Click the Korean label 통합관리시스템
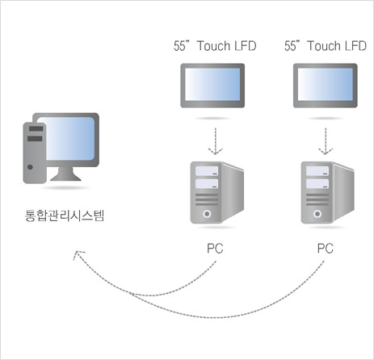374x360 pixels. (65, 216)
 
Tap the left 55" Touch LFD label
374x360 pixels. (215, 46)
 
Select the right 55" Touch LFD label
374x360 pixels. (326, 46)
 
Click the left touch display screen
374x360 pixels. (212, 84)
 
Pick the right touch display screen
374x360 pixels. (326, 84)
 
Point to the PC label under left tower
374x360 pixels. (215, 249)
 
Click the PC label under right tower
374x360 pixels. (326, 249)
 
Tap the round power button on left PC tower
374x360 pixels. (207, 214)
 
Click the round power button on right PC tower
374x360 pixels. (317, 214)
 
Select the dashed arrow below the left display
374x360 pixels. (216, 141)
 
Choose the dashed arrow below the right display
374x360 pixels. (326, 141)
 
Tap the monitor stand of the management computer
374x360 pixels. (65, 174)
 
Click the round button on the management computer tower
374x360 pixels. (30, 167)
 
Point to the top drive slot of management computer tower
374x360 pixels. (36, 128)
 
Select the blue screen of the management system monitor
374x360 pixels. (70, 139)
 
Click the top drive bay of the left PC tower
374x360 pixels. (207, 171)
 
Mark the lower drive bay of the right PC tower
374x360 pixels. (317, 184)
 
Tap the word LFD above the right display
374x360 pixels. (355, 46)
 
